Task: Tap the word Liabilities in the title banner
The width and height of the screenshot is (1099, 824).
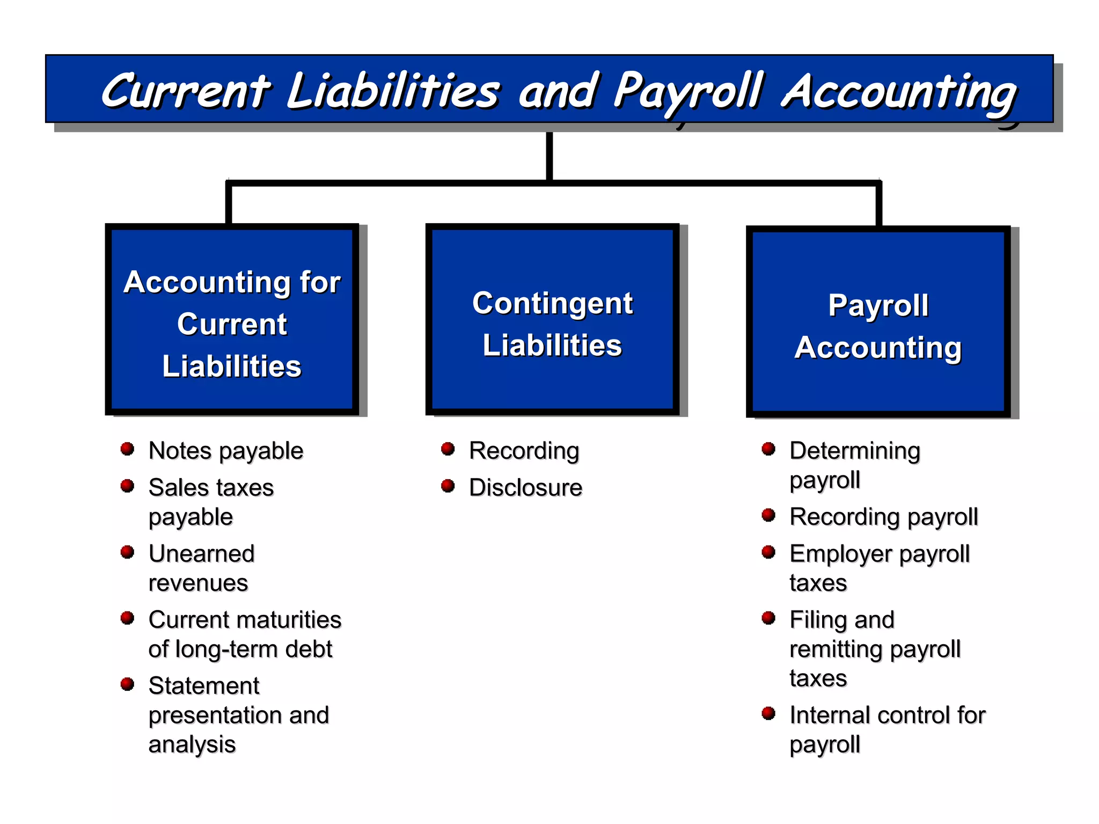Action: click(x=393, y=91)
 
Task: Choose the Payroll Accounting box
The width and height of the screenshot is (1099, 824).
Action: click(x=878, y=322)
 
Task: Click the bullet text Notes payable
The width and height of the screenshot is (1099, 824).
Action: click(x=226, y=451)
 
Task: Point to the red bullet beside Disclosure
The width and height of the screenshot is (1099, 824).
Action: click(x=448, y=486)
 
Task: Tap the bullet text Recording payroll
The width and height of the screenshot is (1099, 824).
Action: click(x=883, y=517)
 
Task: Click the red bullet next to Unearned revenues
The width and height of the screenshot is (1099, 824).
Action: click(x=127, y=552)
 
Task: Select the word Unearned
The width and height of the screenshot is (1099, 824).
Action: click(x=201, y=554)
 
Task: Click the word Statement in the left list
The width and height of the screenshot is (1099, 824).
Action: click(x=204, y=686)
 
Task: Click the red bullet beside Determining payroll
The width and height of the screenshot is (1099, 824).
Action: click(x=768, y=448)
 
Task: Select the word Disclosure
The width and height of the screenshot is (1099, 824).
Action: click(x=525, y=488)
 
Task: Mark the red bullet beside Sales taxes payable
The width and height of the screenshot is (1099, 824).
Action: click(x=127, y=486)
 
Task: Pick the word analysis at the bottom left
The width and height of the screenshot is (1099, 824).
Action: click(x=192, y=745)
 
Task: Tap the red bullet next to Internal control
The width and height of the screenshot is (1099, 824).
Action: click(x=768, y=713)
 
